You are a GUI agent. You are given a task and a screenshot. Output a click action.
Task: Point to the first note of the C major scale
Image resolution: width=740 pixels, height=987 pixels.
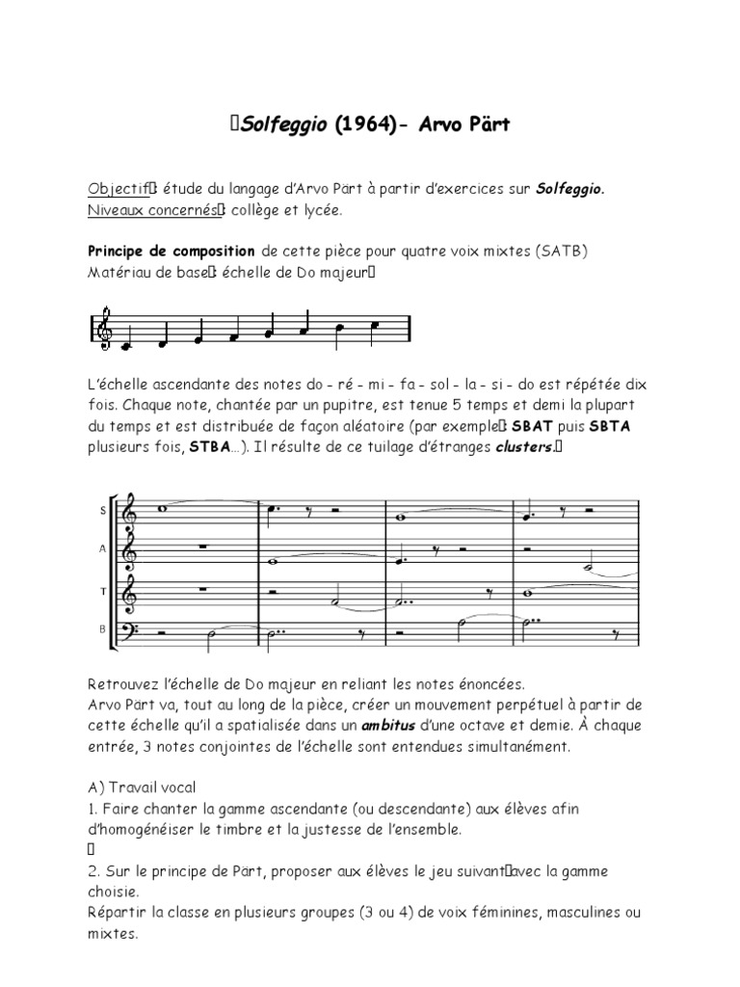click(126, 341)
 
